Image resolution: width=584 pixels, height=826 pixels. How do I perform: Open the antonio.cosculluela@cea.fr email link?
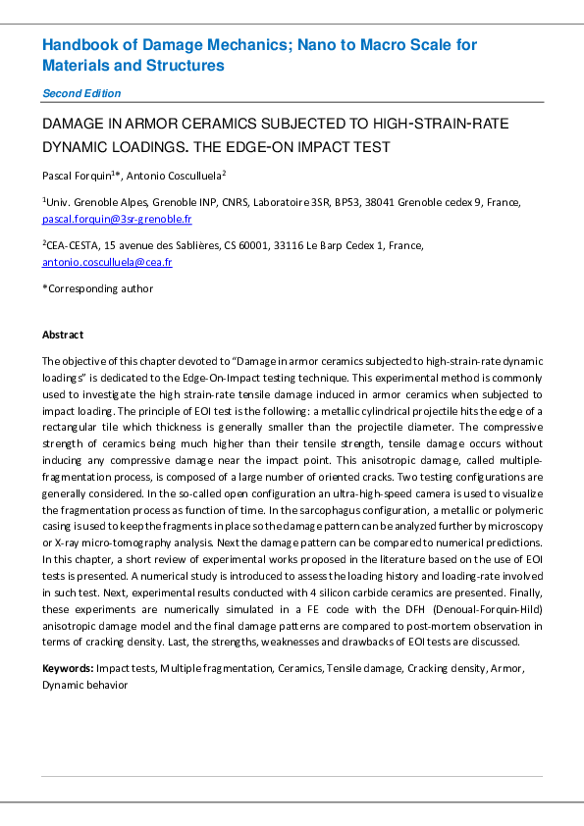pos(107,262)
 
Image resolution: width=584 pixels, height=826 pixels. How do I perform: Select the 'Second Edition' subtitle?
pos(81,93)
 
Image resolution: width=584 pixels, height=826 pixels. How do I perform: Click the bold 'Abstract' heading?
pos(63,335)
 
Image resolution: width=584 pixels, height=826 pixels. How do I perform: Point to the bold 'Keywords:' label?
pos(68,667)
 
